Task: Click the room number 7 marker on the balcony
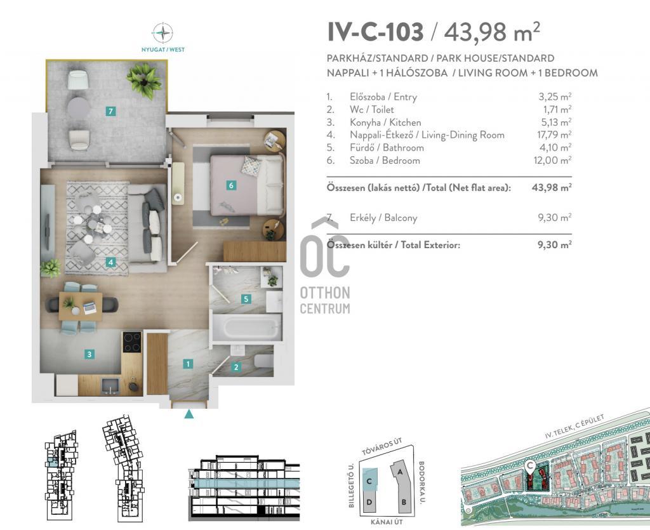[110, 111]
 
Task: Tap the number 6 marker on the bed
[231, 185]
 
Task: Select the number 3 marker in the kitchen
[89, 354]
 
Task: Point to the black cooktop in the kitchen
[132, 342]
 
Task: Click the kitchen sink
[110, 386]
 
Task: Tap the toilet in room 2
[262, 362]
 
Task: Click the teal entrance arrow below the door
[189, 414]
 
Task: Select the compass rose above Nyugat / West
[162, 32]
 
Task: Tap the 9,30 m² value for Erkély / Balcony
[555, 217]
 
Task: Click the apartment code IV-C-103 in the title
[376, 32]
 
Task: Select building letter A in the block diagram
[400, 472]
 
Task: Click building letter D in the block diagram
[369, 502]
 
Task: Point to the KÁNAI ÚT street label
[387, 522]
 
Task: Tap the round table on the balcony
[79, 108]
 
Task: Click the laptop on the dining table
[90, 308]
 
